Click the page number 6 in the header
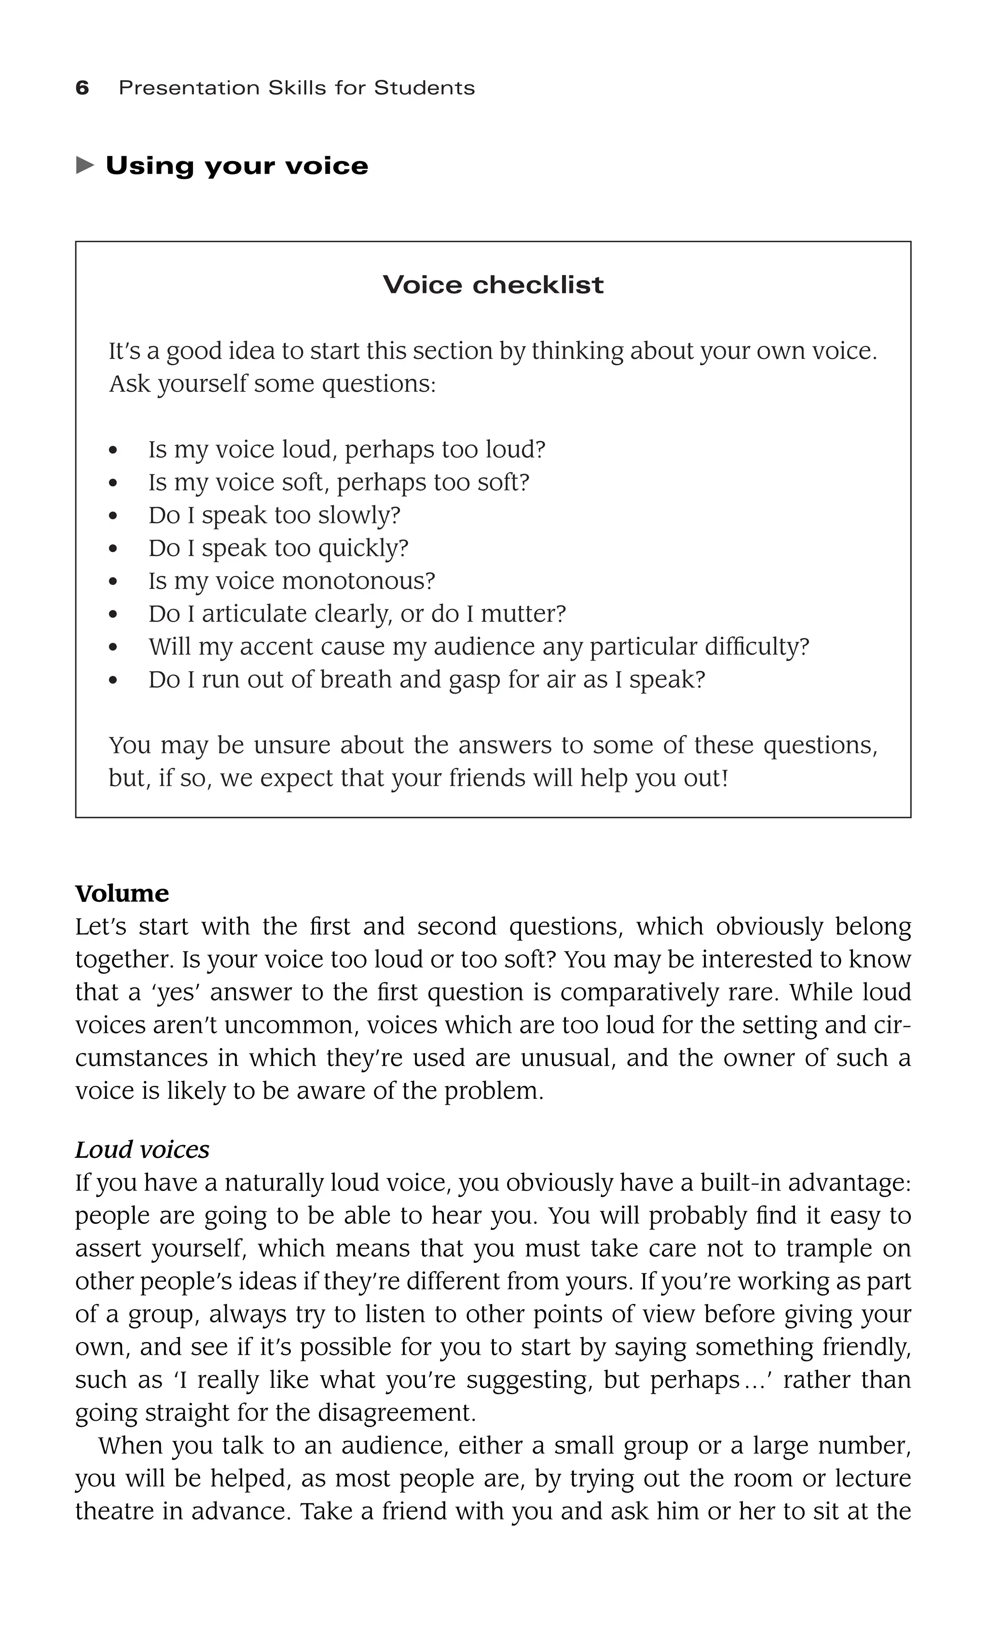tap(82, 88)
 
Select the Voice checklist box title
tap(493, 285)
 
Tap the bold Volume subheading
tap(122, 893)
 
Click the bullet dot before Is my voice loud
tap(113, 451)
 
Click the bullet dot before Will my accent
tap(113, 648)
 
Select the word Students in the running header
tap(424, 88)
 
